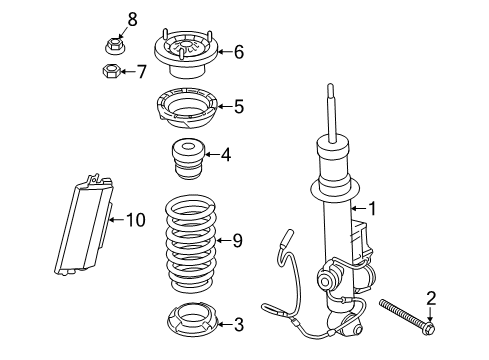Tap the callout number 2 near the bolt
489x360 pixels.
pyautogui.click(x=431, y=296)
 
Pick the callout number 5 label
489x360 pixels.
pyautogui.click(x=237, y=105)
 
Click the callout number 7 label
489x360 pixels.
pyautogui.click(x=141, y=72)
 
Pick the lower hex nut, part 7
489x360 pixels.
pyautogui.click(x=113, y=72)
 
